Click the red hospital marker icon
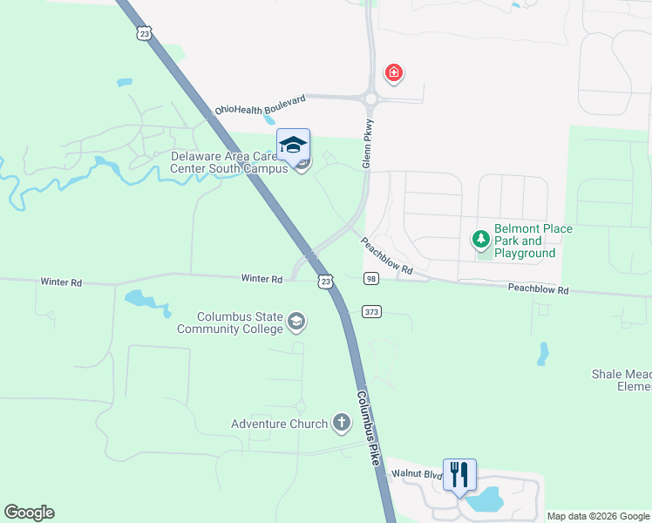click(394, 72)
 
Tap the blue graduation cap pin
click(293, 145)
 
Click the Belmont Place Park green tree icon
click(479, 238)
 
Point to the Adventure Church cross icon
click(341, 424)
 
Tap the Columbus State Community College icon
click(296, 323)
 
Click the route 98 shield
click(371, 278)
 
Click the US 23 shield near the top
click(144, 32)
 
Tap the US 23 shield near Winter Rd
click(325, 282)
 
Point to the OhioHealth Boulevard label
click(261, 105)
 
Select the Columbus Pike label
click(368, 427)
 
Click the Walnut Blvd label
click(411, 472)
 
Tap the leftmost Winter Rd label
click(61, 282)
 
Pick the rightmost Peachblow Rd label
click(538, 289)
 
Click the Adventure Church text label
click(279, 425)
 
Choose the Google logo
click(29, 513)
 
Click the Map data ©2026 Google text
click(597, 516)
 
